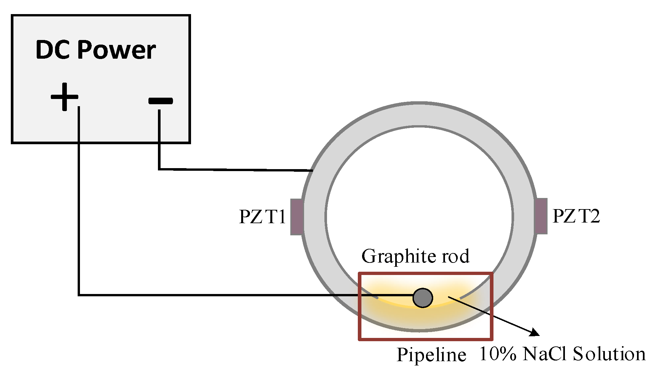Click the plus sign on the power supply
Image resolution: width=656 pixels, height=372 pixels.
[x=65, y=97]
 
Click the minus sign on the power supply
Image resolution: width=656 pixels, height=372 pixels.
[x=161, y=101]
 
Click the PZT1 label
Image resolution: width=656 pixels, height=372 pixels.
[x=262, y=217]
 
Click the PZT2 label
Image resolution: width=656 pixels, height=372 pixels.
[x=576, y=216]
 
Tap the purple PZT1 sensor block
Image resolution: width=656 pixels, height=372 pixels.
[x=297, y=217]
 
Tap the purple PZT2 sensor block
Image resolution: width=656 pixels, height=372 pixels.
[x=541, y=216]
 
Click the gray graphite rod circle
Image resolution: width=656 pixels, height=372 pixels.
[x=423, y=298]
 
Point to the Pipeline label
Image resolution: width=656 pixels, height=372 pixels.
[x=431, y=355]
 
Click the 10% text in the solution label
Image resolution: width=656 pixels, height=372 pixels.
[x=498, y=354]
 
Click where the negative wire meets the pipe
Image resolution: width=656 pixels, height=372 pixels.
[x=312, y=170]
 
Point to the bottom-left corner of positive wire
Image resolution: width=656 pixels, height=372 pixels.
[x=79, y=295]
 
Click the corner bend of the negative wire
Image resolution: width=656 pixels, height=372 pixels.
[x=159, y=169]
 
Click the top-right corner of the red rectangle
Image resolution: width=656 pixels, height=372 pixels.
[x=492, y=273]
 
